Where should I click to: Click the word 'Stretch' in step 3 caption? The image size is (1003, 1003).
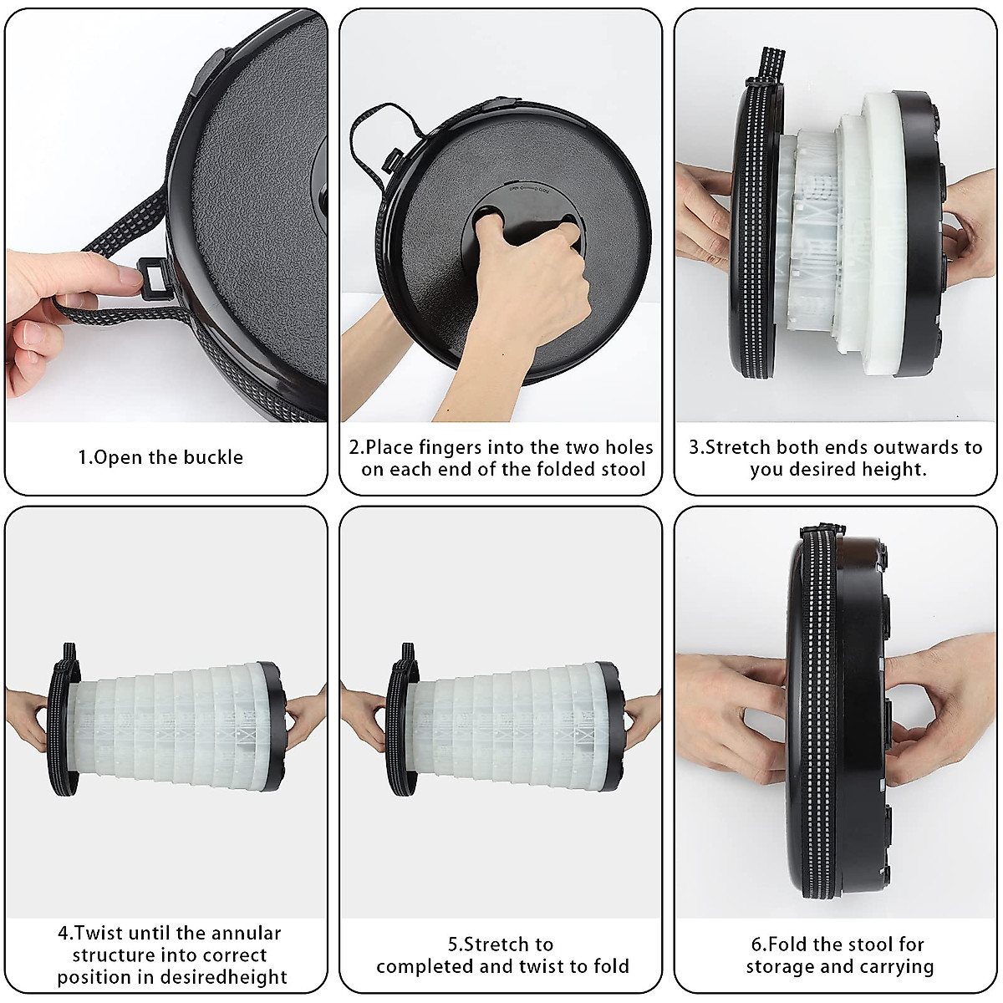coord(739,447)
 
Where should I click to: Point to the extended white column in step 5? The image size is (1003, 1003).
coord(510,724)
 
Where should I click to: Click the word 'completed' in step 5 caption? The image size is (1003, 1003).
coord(425,967)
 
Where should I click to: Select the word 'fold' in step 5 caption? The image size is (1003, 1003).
coord(610,967)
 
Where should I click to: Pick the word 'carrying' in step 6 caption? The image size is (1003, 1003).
coord(895,967)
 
